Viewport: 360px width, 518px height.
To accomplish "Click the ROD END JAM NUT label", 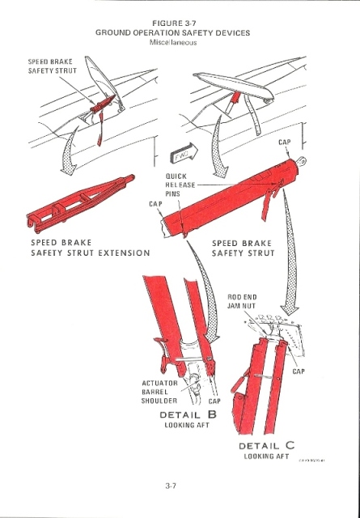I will (x=242, y=302).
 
